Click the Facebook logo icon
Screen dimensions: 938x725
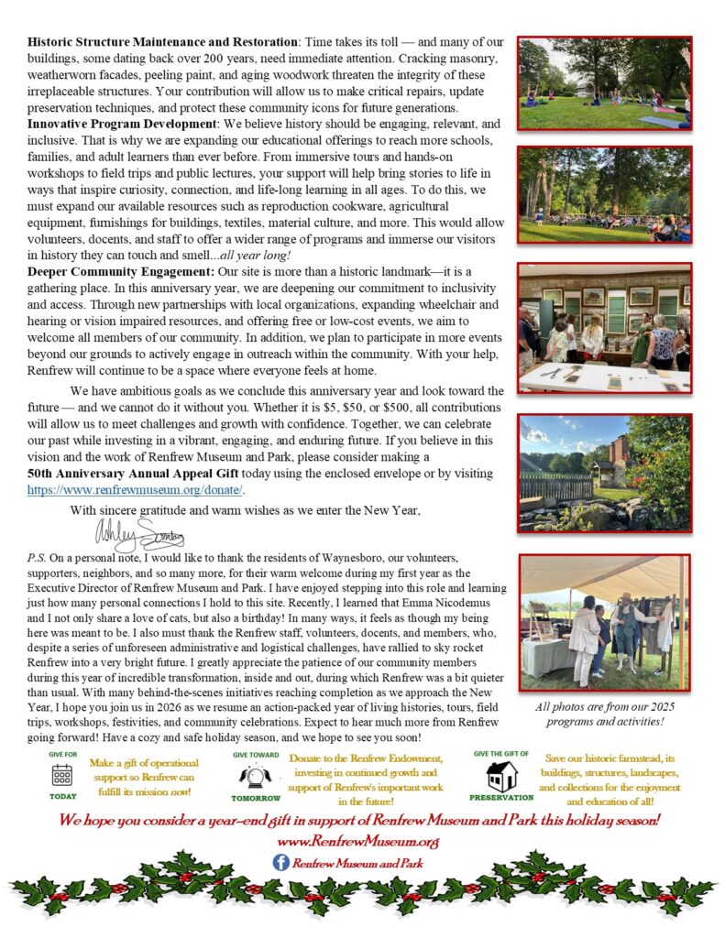click(x=281, y=862)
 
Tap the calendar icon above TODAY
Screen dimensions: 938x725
click(x=62, y=775)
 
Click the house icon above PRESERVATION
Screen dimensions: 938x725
click(x=501, y=775)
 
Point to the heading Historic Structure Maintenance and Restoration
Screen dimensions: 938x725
click(x=161, y=42)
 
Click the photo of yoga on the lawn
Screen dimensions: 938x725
click(x=604, y=83)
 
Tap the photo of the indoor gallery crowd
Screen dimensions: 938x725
click(x=604, y=328)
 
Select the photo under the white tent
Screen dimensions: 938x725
click(x=604, y=623)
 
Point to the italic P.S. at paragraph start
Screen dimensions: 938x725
click(x=38, y=557)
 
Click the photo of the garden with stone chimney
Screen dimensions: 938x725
click(x=604, y=473)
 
